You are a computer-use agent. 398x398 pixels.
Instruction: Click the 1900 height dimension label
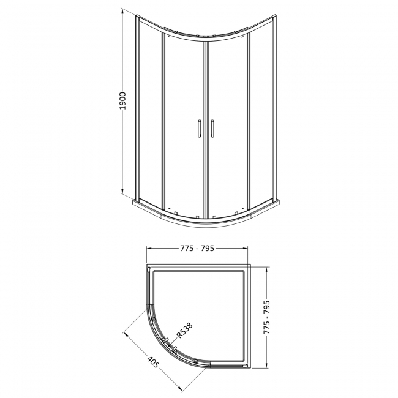point(122,101)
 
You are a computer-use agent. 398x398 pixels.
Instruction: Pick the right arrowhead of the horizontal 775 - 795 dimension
point(247,249)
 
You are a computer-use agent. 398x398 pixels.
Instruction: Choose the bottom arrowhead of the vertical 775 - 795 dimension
point(267,366)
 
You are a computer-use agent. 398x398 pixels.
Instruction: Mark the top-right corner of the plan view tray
point(250,265)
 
